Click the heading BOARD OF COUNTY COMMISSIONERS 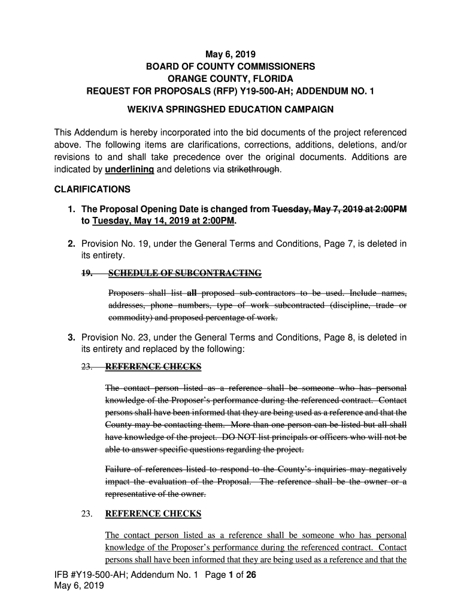point(230,67)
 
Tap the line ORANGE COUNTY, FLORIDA point(230,79)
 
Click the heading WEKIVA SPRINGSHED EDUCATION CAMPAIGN point(230,110)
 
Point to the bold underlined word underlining point(129,170)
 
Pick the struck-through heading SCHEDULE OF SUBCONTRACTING point(184,274)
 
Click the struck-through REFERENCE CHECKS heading point(153,366)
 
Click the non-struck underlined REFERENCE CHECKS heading point(153,514)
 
